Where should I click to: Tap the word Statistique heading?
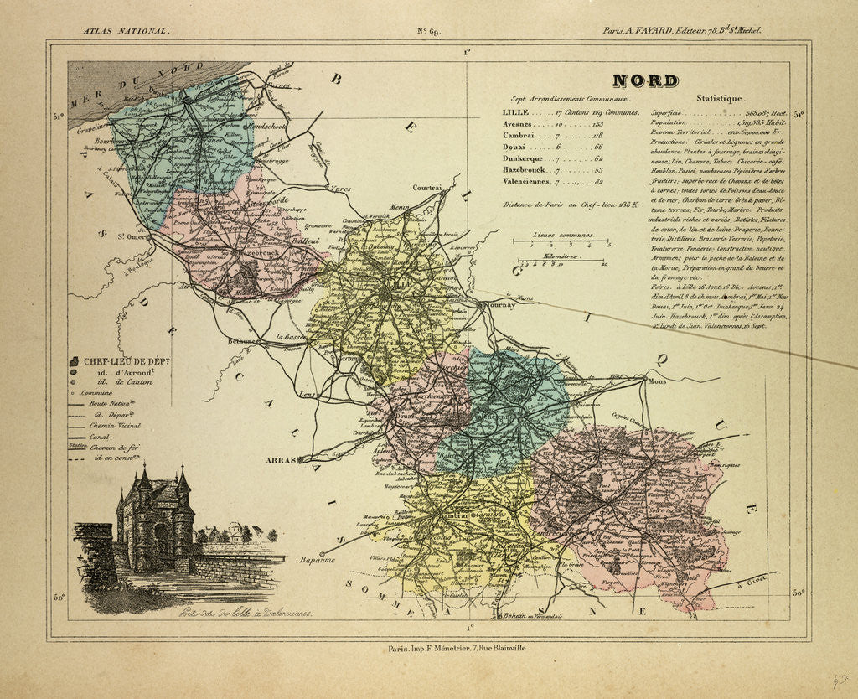[719, 99]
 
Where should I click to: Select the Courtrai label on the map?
[426, 189]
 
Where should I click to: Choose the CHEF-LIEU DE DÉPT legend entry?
[126, 360]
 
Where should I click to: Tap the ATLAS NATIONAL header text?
[126, 31]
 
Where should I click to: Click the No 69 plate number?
[428, 32]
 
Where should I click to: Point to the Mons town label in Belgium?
[657, 381]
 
